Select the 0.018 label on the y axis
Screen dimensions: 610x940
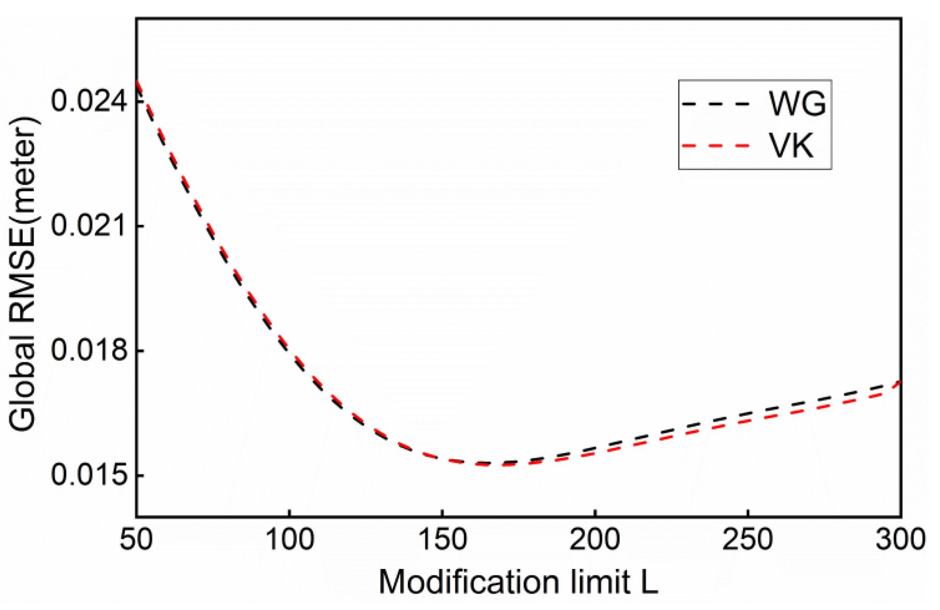[88, 351]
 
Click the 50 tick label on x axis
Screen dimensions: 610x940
[136, 540]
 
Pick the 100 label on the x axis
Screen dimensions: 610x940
[289, 540]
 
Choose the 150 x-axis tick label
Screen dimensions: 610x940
[442, 540]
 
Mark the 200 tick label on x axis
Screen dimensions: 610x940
[595, 540]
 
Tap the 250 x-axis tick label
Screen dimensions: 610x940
[748, 540]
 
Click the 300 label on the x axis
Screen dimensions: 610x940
[900, 540]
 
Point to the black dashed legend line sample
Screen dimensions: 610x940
[716, 103]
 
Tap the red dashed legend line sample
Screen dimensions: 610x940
[716, 146]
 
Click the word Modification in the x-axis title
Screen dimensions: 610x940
[469, 583]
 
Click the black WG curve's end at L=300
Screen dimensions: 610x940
[898, 382]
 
